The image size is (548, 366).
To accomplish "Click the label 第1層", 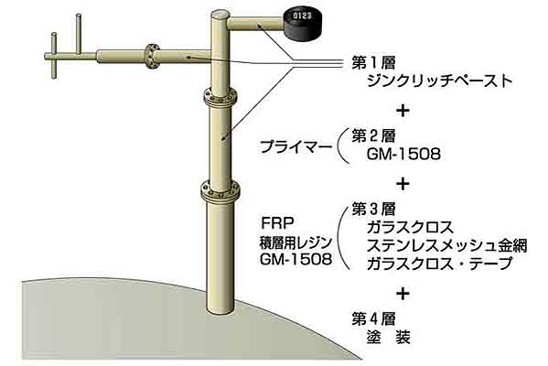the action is click(x=373, y=63).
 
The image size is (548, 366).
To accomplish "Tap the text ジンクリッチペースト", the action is click(x=440, y=81).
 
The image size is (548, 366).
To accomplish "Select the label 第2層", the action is click(x=373, y=136).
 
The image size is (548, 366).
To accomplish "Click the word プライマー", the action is click(x=295, y=146).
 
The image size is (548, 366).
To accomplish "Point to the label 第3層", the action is click(x=373, y=210).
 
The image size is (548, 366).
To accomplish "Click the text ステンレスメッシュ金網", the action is click(x=447, y=245).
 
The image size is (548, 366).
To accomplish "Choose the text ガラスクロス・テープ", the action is click(x=440, y=264).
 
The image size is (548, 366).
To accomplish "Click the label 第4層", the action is click(x=373, y=319).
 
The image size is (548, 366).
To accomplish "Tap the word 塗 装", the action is click(x=389, y=338).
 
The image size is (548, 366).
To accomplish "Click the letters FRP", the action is click(x=278, y=223).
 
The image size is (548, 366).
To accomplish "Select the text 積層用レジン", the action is click(x=295, y=242).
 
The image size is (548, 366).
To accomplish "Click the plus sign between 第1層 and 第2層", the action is click(x=403, y=111).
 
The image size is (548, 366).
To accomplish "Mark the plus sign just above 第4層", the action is click(x=403, y=294).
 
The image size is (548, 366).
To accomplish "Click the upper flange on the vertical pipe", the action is click(x=220, y=98).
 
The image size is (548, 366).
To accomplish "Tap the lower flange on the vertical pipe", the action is click(x=220, y=191).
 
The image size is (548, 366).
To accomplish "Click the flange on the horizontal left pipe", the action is click(x=151, y=58).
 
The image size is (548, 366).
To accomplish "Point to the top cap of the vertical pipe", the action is click(x=220, y=15).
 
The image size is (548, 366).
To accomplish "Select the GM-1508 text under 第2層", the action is click(x=403, y=154).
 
